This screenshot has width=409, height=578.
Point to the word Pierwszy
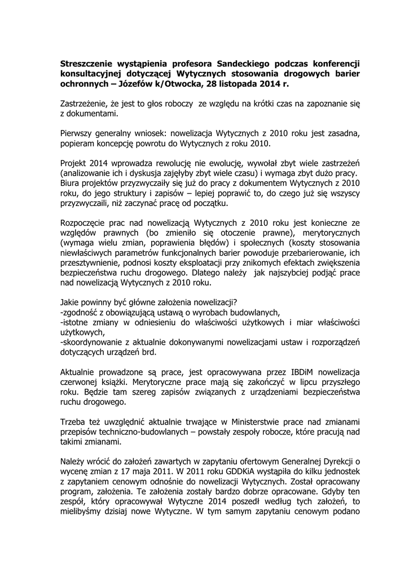[77, 134]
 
